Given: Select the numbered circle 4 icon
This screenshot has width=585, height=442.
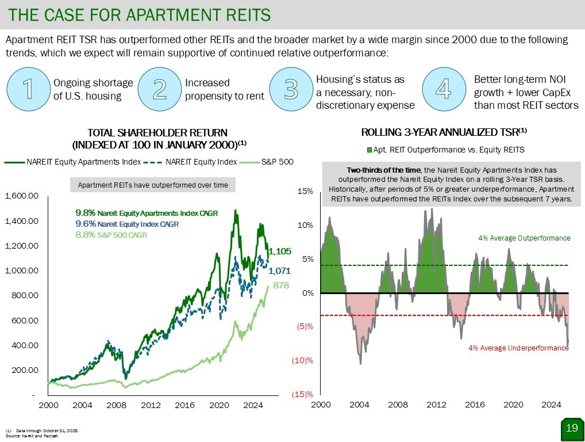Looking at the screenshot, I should point(443,89).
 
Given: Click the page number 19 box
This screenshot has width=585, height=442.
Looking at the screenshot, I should point(571,428).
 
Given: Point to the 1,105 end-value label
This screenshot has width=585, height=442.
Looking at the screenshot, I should point(280,251).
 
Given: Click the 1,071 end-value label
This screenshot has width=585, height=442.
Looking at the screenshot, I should point(280,270).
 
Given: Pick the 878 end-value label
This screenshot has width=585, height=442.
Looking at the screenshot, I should point(280,285).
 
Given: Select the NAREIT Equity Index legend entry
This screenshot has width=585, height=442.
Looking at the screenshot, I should point(201,162).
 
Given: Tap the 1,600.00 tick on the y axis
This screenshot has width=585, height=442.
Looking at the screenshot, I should point(22,196).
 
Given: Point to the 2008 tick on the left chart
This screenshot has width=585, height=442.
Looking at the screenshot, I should point(117,405).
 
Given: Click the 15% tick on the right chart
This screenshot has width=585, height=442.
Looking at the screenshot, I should point(305,191).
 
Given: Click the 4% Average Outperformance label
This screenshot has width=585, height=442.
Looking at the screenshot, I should point(524,238).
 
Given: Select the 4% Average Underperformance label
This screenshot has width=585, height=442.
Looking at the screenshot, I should point(518,348).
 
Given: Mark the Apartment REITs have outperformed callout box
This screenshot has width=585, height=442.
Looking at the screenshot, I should point(152,185).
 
